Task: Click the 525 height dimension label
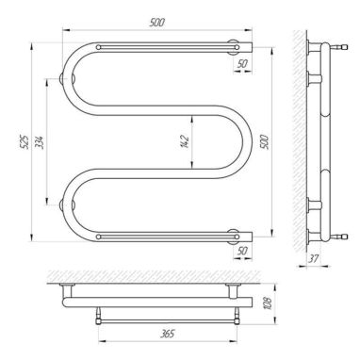point(25,142)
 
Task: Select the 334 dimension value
point(41,142)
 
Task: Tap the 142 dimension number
point(186,141)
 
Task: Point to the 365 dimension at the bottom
point(167,334)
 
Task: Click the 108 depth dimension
point(268,303)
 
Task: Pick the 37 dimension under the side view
point(313,259)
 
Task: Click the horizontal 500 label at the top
point(157,23)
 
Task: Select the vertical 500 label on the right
point(264,142)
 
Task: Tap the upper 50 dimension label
point(242,64)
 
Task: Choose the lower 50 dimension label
point(242,251)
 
